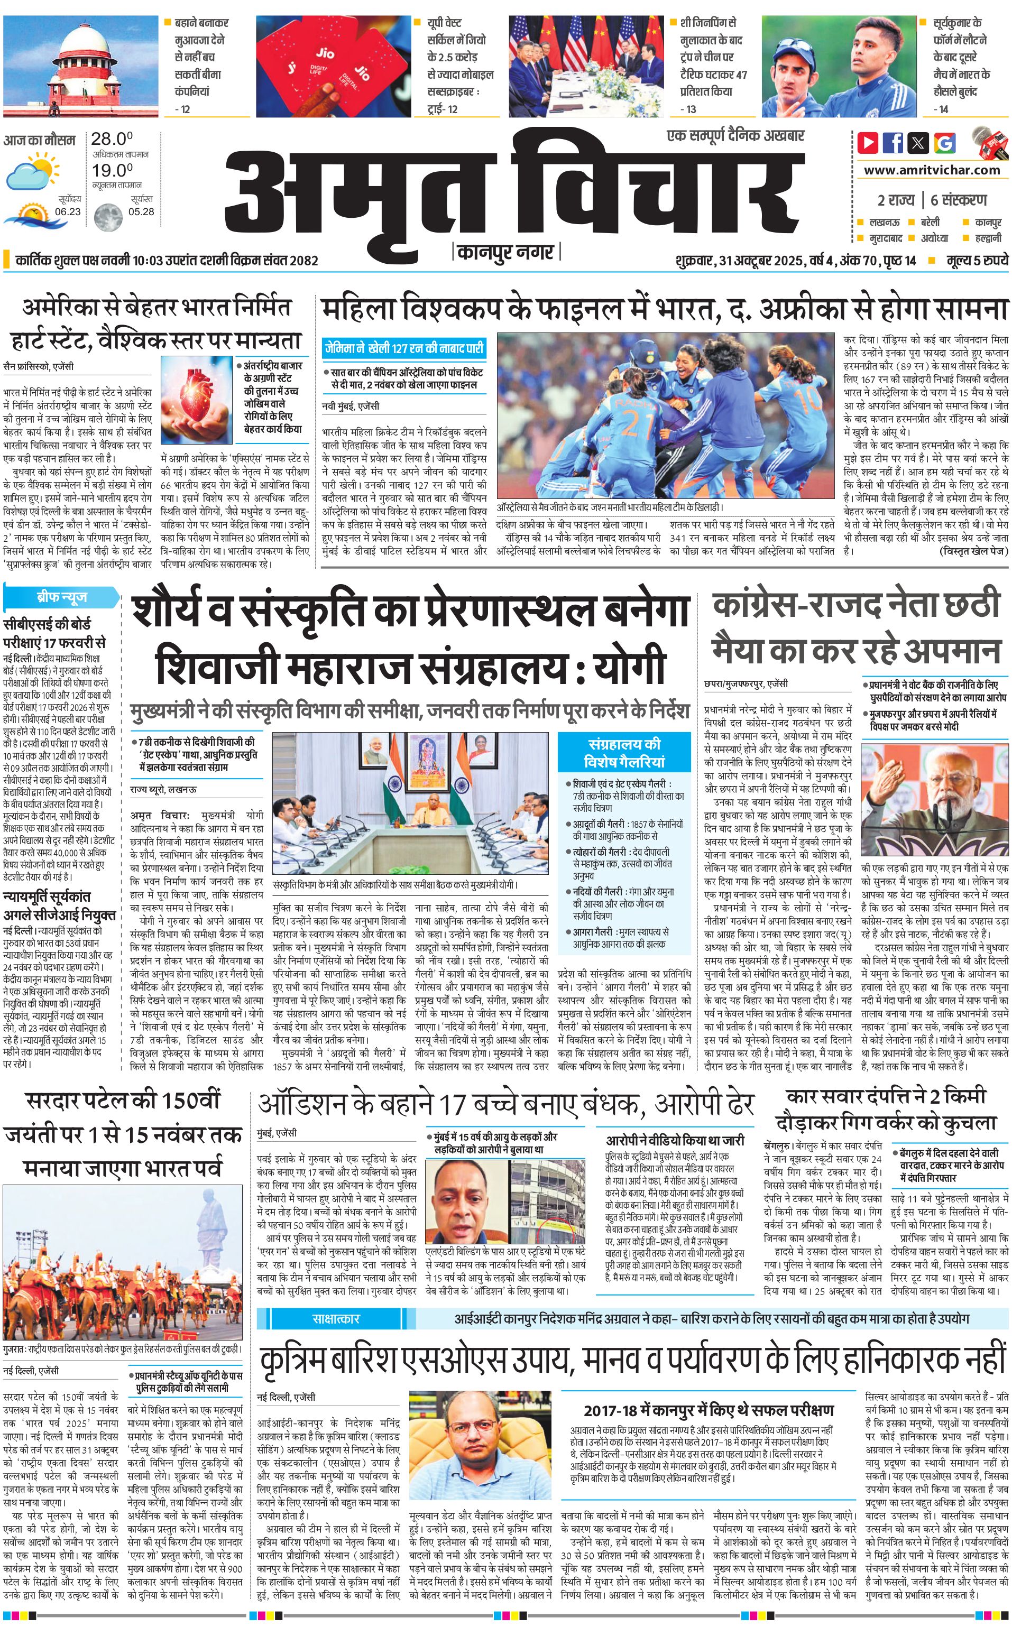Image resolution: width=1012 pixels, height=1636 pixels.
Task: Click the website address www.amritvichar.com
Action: [x=932, y=170]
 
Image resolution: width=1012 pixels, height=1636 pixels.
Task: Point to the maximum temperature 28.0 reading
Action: [x=112, y=139]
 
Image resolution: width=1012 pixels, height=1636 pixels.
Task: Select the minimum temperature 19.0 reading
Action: [x=112, y=170]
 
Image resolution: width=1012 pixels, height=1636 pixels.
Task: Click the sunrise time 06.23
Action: [x=68, y=211]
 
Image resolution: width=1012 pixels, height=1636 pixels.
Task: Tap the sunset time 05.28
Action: [x=141, y=211]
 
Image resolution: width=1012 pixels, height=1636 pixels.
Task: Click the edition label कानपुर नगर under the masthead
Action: [x=506, y=252]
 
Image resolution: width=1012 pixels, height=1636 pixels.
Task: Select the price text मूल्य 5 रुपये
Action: [x=977, y=260]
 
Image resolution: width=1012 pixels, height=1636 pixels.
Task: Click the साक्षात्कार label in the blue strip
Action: [x=336, y=1318]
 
